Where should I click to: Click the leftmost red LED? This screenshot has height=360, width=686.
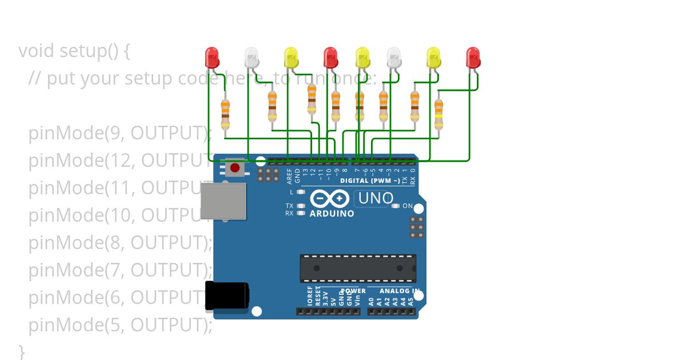[212, 57]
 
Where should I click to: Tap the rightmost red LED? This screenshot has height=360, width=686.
[473, 57]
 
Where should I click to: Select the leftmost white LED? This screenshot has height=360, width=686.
[252, 57]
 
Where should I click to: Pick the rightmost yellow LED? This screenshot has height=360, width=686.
[433, 57]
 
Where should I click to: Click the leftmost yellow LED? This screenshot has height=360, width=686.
[291, 57]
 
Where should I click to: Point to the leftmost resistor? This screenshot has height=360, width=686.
[225, 113]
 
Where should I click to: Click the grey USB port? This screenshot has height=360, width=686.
[223, 201]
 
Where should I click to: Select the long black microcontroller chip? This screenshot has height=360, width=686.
[358, 269]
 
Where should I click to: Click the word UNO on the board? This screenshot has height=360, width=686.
[376, 198]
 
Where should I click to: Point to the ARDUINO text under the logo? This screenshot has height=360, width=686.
[332, 214]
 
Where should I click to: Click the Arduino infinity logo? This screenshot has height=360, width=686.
[330, 198]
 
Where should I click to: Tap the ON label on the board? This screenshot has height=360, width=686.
[408, 206]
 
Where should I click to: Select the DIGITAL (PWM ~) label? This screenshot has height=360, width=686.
[370, 181]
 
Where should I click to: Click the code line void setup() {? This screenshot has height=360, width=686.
[74, 51]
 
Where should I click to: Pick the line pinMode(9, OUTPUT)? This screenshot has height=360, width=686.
[120, 133]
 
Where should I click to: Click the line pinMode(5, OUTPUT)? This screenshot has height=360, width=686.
[120, 325]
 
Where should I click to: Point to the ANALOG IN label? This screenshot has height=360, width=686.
[400, 291]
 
